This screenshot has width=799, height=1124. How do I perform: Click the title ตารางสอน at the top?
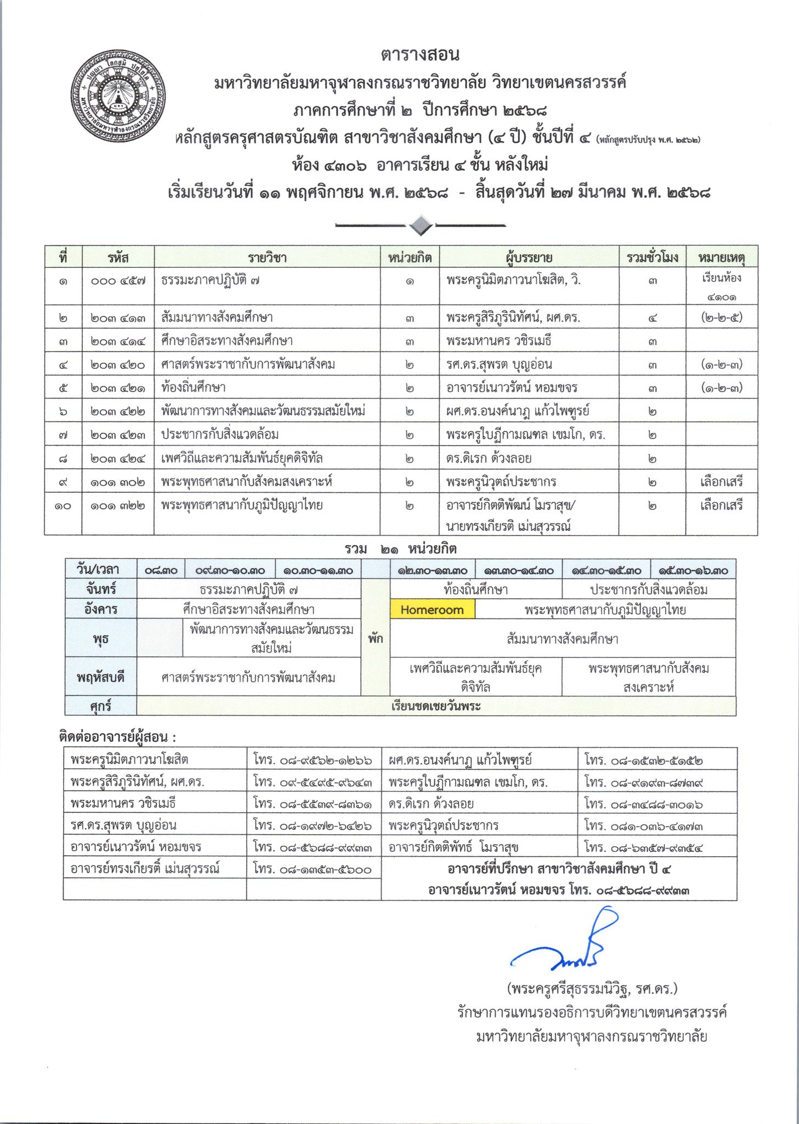420,55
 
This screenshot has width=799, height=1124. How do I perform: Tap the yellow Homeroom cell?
432,610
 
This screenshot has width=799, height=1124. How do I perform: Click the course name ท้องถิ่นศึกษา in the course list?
194,387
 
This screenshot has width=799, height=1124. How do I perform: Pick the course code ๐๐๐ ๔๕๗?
118,281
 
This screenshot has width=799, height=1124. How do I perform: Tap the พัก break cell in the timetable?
376,639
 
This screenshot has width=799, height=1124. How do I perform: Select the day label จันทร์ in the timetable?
101,590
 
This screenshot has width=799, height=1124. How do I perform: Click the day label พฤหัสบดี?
101,677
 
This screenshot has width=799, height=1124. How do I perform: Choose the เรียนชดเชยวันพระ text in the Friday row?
436,706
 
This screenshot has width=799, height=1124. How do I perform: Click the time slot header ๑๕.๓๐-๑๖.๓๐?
693,570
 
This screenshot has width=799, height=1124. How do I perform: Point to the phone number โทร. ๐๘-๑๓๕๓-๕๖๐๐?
313,869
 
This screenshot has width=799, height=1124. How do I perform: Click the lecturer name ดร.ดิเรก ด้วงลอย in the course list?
489,458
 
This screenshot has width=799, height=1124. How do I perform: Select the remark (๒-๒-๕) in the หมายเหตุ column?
722,317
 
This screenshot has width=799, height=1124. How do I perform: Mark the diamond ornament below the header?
421,225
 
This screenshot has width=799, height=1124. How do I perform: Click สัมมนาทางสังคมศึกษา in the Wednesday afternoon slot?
563,639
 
